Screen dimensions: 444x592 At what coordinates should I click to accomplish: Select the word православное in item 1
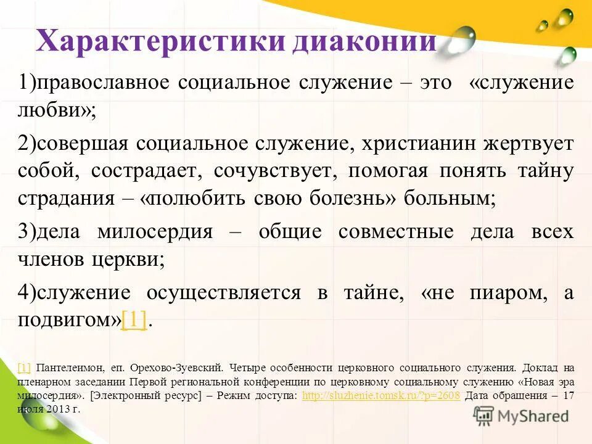102,83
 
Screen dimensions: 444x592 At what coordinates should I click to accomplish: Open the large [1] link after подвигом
134,321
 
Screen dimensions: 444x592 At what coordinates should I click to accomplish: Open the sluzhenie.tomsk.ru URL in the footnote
381,396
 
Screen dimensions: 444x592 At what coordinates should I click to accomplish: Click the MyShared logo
521,416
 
